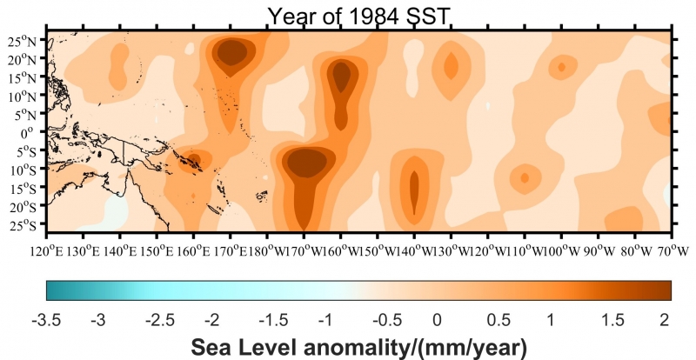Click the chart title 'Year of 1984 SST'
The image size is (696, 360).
point(358,15)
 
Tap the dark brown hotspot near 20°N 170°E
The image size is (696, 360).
point(231,54)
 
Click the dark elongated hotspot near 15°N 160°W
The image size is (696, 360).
point(342,77)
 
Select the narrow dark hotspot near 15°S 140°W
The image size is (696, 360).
point(414,187)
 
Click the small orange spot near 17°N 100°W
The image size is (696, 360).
point(562,67)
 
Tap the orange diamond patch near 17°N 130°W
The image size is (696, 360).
point(451,65)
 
